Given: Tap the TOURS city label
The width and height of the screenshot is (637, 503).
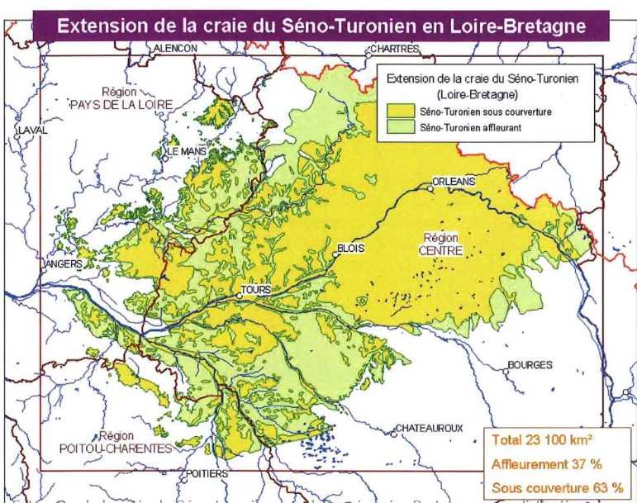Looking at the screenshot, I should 255,291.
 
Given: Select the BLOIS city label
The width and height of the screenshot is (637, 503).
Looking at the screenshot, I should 351,248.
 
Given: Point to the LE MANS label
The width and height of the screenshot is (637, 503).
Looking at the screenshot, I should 187,153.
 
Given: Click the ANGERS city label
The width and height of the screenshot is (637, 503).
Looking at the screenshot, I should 62,264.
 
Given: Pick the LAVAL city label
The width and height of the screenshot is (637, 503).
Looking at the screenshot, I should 33,130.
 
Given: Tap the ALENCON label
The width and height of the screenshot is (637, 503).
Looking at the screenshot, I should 175,49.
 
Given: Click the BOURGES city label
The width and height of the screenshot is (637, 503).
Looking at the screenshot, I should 530,364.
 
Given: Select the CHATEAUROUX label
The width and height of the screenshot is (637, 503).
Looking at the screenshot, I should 429,428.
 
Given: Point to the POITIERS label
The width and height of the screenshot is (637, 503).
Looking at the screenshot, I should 206,475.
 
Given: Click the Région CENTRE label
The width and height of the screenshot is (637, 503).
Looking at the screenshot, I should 442,244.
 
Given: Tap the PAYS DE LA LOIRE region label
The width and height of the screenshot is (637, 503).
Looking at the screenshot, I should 121,99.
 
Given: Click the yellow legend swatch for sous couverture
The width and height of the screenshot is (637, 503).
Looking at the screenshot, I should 402,111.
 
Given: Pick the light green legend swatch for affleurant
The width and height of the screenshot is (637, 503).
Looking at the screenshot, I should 402,127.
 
